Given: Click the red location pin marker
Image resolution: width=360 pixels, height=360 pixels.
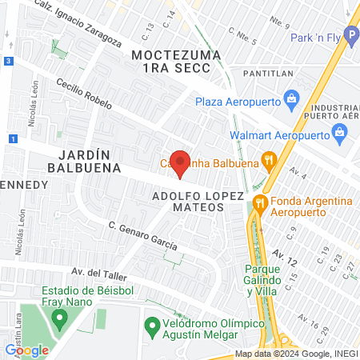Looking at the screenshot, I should coord(181,163).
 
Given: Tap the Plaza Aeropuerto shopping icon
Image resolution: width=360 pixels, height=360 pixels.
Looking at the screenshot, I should coord(291,102).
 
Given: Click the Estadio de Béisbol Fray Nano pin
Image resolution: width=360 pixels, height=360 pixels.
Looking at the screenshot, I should coord(58,318).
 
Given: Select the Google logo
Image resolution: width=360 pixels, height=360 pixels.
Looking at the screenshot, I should coord(26,350).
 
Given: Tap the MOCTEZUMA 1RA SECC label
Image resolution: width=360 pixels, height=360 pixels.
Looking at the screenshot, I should coord(170,62).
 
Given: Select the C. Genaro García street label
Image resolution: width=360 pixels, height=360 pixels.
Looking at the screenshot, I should coord(142,235).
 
